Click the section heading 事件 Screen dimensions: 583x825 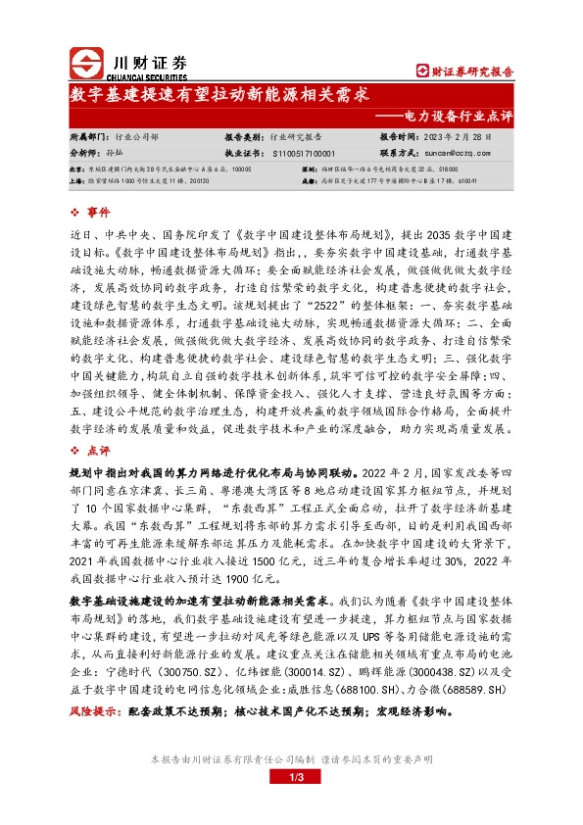click(99, 212)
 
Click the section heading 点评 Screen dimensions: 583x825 click(99, 452)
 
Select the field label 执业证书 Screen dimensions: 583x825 click(242, 154)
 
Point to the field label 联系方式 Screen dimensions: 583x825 click(398, 154)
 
